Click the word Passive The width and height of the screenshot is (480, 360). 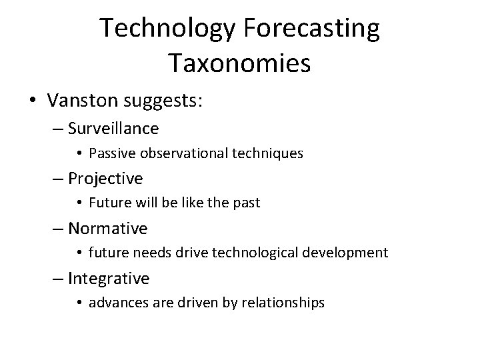pos(109,153)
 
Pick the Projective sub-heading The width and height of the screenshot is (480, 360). pos(105,178)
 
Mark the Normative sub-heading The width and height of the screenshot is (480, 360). pos(108,228)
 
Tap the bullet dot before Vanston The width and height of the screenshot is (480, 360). pos(32,101)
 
